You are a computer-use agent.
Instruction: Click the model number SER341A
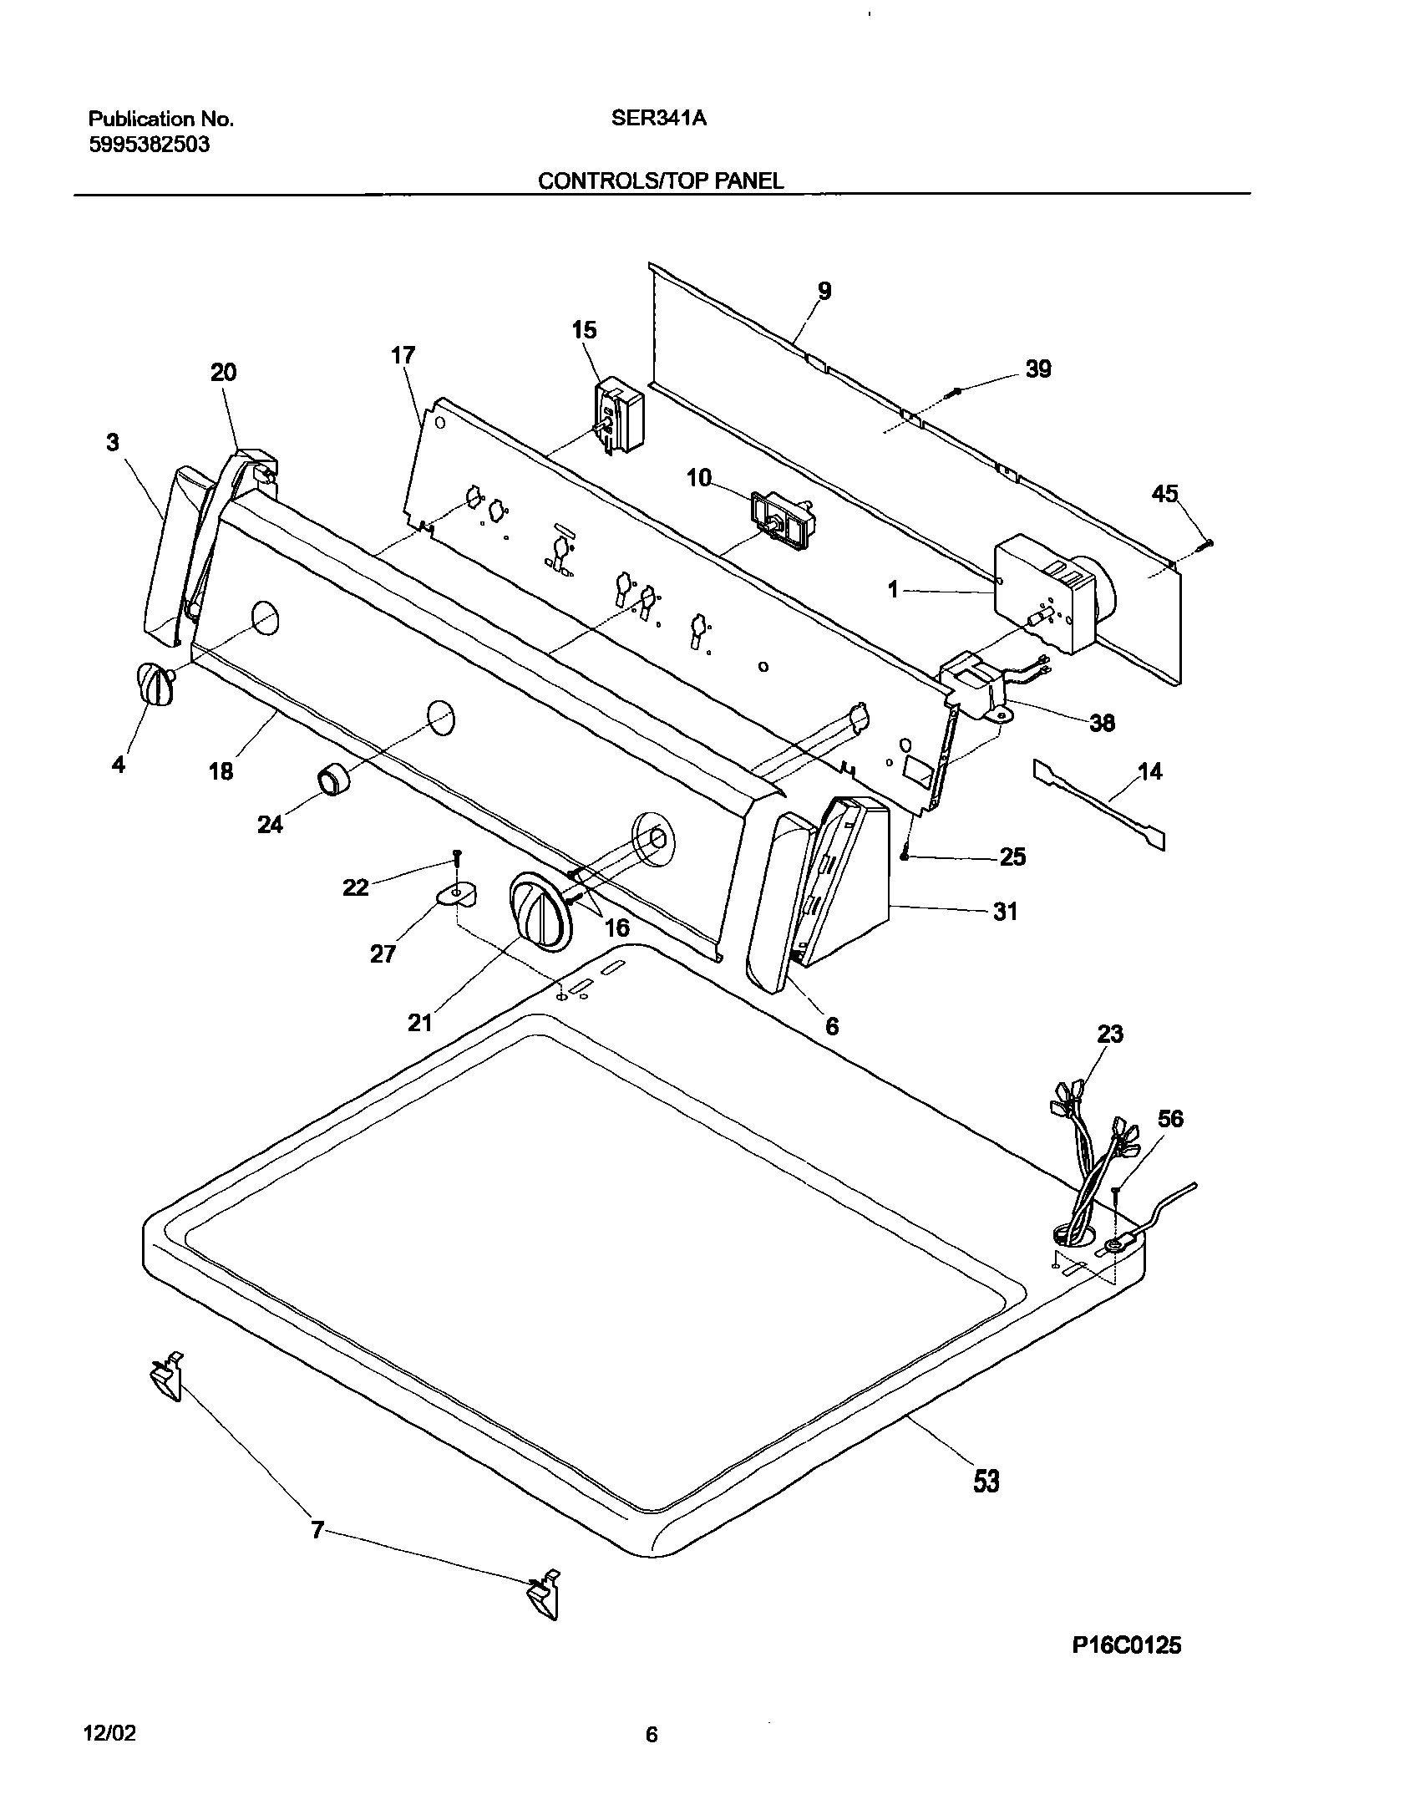(658, 119)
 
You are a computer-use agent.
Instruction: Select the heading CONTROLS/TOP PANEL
(660, 181)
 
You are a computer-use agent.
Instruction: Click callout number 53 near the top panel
(986, 1482)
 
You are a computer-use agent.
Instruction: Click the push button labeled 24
(332, 780)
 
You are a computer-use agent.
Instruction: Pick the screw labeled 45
(1204, 544)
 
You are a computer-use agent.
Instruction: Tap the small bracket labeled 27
(457, 895)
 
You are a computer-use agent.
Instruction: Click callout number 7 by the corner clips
(317, 1529)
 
